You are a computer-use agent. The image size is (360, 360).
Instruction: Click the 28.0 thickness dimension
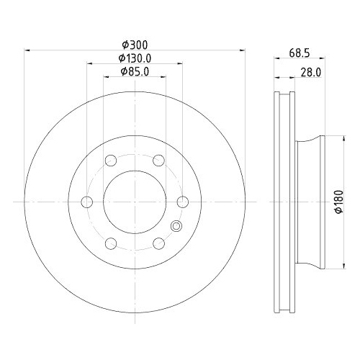[x=311, y=72]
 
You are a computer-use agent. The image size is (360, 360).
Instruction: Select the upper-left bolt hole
[x=110, y=161]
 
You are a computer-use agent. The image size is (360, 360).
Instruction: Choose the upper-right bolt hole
[x=158, y=161]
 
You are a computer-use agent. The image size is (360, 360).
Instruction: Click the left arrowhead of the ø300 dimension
[x=28, y=50]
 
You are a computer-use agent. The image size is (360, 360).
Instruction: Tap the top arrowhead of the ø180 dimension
[x=333, y=139]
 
